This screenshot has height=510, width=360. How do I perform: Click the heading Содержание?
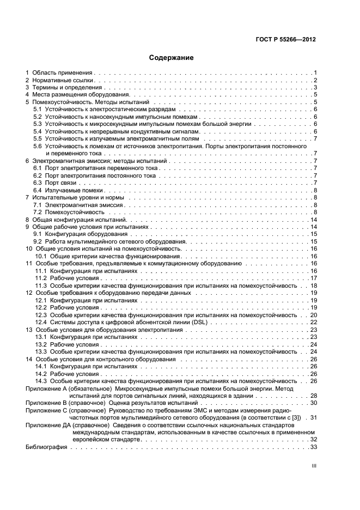click(171, 57)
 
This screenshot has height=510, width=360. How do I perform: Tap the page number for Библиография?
click(313, 447)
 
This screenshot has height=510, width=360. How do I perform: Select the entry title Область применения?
click(62, 72)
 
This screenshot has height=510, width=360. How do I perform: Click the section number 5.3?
click(38, 124)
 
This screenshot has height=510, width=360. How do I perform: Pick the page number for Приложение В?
click(313, 403)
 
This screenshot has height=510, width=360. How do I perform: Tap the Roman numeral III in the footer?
click(313, 466)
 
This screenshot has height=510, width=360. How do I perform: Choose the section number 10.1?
click(41, 256)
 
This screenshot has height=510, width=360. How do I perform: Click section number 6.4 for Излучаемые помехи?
click(38, 191)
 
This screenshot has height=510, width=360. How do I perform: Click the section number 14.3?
click(41, 381)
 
